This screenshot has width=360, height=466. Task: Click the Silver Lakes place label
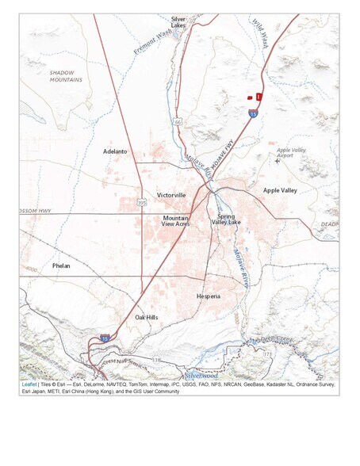pyautogui.click(x=178, y=22)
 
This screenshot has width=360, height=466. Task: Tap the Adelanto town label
pyautogui.click(x=115, y=151)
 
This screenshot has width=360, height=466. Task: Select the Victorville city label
pyautogui.click(x=171, y=194)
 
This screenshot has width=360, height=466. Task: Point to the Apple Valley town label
pyautogui.click(x=279, y=190)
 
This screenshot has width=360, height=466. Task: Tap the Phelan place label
pyautogui.click(x=61, y=265)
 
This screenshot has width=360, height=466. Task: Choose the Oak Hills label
pyautogui.click(x=147, y=317)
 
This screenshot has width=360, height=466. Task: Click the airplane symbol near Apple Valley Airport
pyautogui.click(x=277, y=161)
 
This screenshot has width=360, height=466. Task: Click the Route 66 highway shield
pyautogui.click(x=178, y=121)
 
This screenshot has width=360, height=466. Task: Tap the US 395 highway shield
pyautogui.click(x=141, y=202)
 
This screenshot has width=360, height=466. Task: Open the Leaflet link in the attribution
pyautogui.click(x=29, y=384)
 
